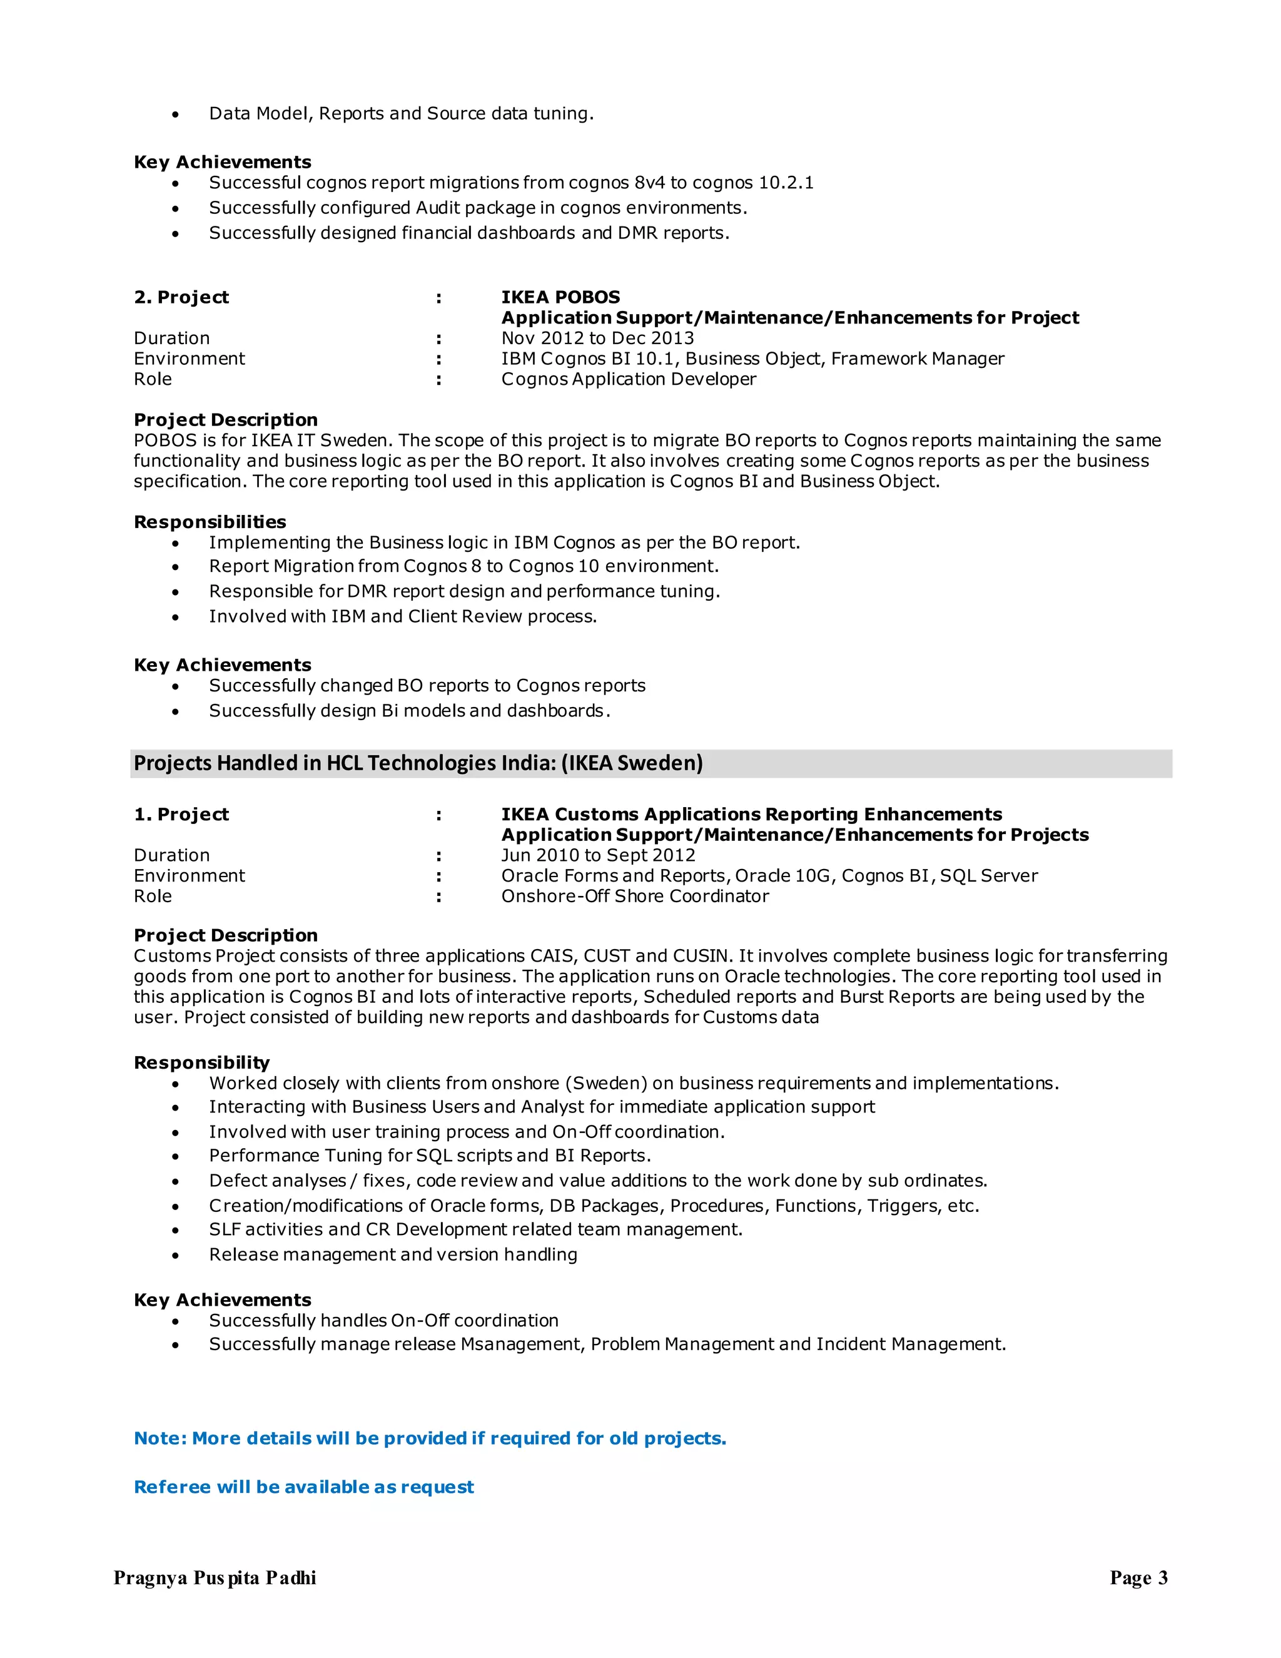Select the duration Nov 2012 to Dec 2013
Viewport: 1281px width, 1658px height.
coord(597,338)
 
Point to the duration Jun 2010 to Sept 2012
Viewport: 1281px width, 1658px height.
coord(598,855)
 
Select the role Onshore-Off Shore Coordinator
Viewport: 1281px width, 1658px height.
coord(634,896)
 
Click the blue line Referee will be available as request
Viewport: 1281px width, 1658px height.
coord(303,1487)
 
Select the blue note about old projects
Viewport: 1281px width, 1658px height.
coord(430,1438)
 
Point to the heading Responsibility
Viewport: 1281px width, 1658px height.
coord(201,1062)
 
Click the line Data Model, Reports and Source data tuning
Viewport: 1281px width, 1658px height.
coord(401,113)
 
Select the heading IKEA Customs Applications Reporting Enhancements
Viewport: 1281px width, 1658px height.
coord(751,814)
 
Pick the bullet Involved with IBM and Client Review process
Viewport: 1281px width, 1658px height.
coord(403,616)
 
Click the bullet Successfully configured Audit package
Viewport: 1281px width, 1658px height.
coord(478,207)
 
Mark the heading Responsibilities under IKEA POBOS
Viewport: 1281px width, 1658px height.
coord(210,522)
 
